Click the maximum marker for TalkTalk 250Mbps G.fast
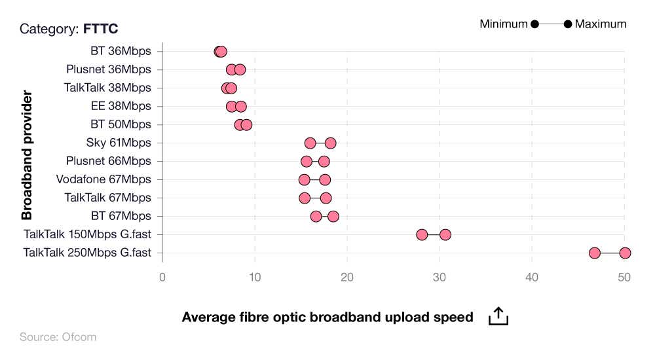[x=625, y=253]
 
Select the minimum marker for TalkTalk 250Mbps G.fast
[x=595, y=253]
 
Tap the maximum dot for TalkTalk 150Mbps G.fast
[x=445, y=234]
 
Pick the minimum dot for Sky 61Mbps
[x=310, y=143]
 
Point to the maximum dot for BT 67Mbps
[x=333, y=216]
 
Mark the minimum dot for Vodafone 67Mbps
[x=304, y=179]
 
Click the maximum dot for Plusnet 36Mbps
[x=240, y=69]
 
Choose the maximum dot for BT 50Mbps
[x=246, y=124]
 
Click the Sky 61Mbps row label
[x=118, y=143]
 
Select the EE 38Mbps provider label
[x=120, y=106]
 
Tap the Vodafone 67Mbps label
[x=103, y=179]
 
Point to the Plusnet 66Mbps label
[x=108, y=161]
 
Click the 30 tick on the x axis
[x=440, y=277]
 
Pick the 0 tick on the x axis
[x=162, y=277]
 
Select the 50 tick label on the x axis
[x=624, y=277]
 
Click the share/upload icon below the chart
[x=498, y=316]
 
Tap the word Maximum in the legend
[x=601, y=24]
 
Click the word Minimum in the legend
[x=503, y=24]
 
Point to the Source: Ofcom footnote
[x=58, y=337]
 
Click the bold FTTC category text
[x=101, y=29]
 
